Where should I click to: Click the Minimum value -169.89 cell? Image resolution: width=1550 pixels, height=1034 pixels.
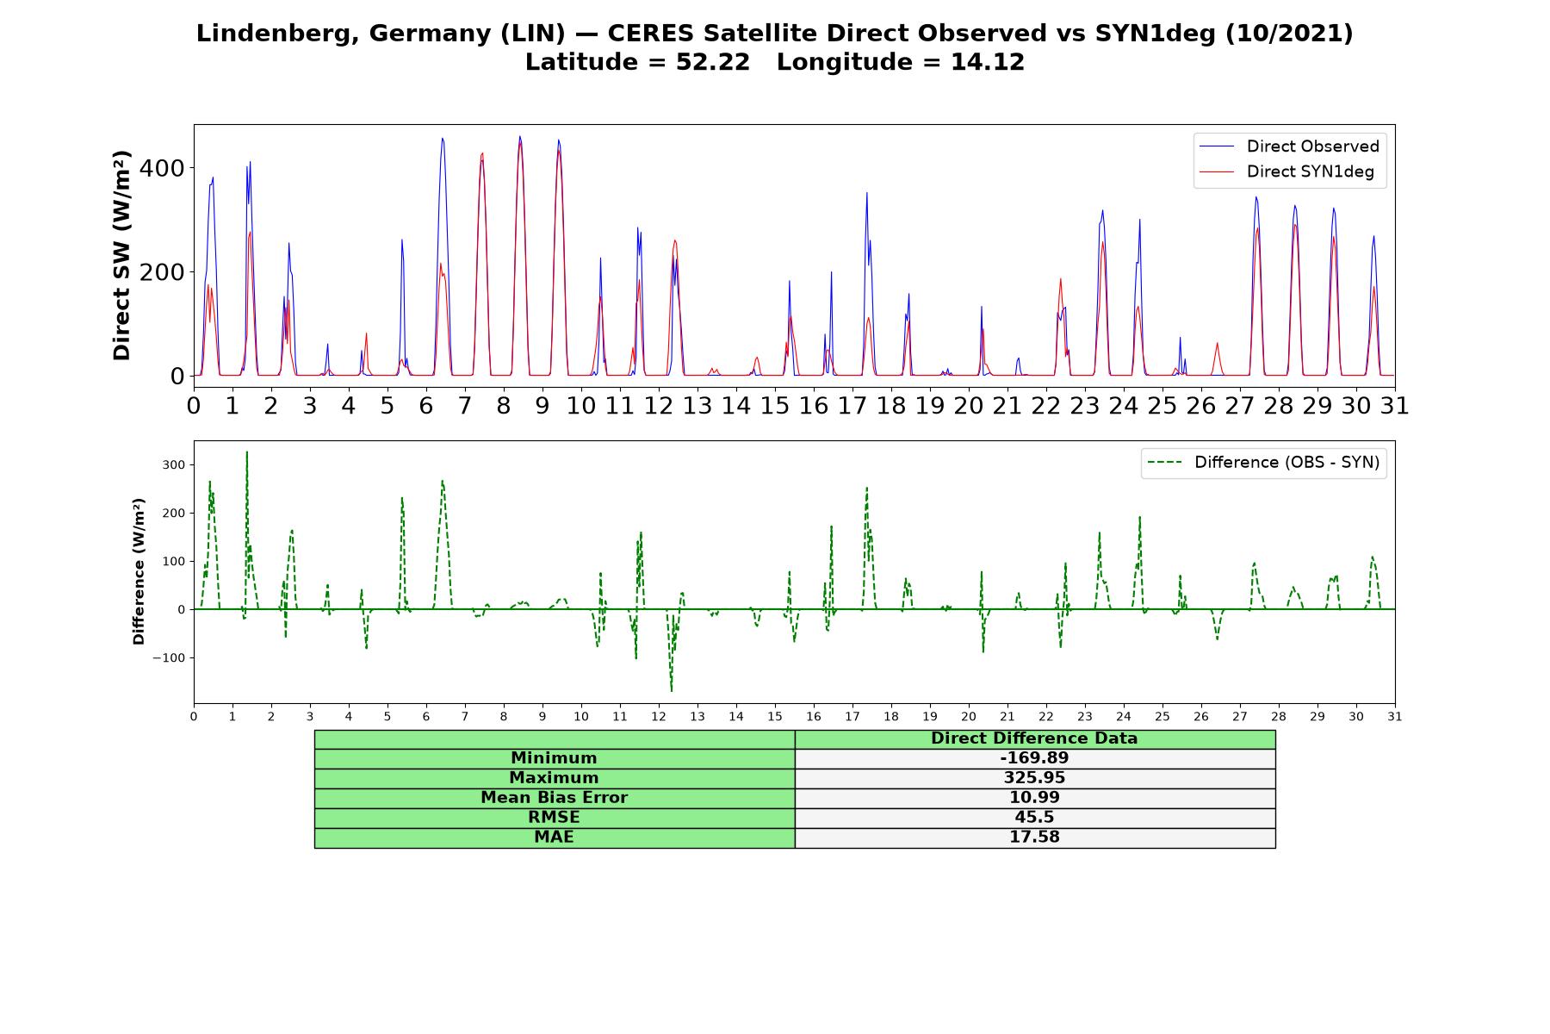pyautogui.click(x=1034, y=758)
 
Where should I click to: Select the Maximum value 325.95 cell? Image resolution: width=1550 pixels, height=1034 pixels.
pyautogui.click(x=1034, y=778)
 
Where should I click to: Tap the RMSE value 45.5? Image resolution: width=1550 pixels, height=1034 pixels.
pyautogui.click(x=1034, y=818)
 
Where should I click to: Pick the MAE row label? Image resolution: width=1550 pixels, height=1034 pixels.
pyautogui.click(x=554, y=838)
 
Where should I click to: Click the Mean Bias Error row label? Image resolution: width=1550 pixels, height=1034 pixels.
pyautogui.click(x=554, y=798)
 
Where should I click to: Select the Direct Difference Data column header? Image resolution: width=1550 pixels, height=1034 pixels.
pyautogui.click(x=1034, y=738)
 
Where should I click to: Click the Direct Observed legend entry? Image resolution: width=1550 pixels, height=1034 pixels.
pyautogui.click(x=1290, y=146)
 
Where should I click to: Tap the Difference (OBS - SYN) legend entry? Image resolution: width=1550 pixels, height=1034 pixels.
pyautogui.click(x=1263, y=463)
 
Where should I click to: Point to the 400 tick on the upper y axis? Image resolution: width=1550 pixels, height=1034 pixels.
pyautogui.click(x=162, y=168)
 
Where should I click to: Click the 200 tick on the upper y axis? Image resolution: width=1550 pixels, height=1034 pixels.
pyautogui.click(x=162, y=272)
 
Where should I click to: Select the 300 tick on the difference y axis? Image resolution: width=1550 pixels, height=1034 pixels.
pyautogui.click(x=173, y=465)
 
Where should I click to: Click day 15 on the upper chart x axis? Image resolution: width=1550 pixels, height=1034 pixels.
pyautogui.click(x=775, y=405)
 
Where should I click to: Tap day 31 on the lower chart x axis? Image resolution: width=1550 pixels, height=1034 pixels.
pyautogui.click(x=1395, y=717)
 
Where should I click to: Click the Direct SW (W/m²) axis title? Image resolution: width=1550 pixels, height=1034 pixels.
pyautogui.click(x=122, y=255)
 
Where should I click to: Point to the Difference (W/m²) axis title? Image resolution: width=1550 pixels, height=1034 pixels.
pyautogui.click(x=139, y=571)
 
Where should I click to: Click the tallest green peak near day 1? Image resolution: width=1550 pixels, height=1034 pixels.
pyautogui.click(x=246, y=452)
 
